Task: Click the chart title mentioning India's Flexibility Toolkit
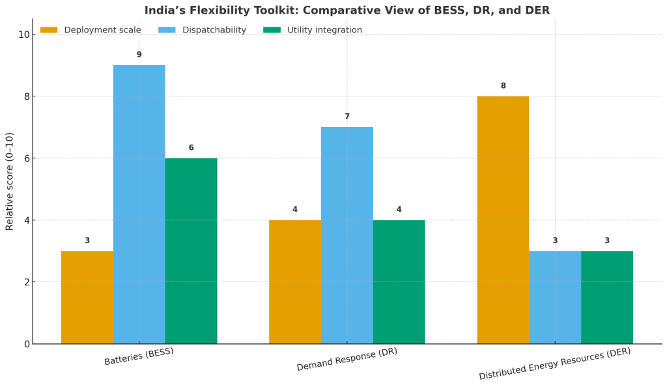point(347,10)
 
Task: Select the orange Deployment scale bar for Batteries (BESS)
point(87,297)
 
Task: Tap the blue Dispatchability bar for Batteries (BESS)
point(139,205)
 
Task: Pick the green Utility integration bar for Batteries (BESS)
point(191,251)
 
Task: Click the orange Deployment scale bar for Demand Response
point(295,281)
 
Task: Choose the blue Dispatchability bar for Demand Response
point(347,235)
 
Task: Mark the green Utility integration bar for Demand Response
point(399,281)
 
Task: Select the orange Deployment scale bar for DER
point(503,220)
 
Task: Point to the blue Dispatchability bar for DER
point(555,297)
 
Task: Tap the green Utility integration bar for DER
point(607,297)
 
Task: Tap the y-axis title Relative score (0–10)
point(10,181)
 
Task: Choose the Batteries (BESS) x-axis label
point(139,356)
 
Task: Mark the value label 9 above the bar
point(139,55)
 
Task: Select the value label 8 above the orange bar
point(503,86)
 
